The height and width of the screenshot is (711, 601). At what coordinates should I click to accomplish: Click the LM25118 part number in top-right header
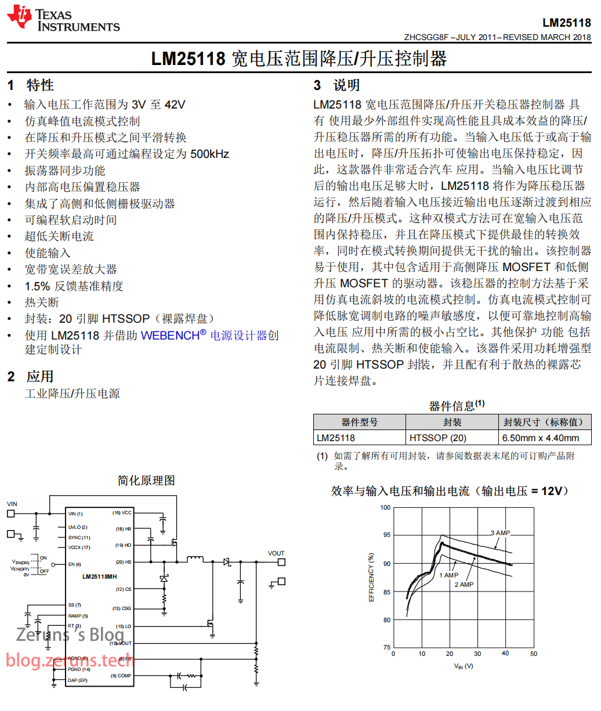click(566, 23)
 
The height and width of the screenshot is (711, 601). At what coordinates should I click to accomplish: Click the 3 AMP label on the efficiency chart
click(500, 533)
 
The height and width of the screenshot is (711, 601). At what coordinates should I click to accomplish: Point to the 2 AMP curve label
click(464, 584)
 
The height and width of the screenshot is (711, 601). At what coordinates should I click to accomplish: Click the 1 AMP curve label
click(448, 575)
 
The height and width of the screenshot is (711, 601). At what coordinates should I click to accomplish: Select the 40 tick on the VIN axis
click(505, 654)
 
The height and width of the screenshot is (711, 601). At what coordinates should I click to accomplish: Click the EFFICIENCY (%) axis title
click(372, 578)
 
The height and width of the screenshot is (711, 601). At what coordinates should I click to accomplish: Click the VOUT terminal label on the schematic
click(276, 553)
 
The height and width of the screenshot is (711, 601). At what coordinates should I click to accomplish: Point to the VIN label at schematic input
click(12, 504)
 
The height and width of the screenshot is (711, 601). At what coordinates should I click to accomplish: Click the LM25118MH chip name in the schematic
click(99, 576)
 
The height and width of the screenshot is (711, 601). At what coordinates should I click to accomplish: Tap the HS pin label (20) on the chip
click(124, 562)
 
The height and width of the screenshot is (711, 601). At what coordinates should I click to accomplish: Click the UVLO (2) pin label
click(78, 527)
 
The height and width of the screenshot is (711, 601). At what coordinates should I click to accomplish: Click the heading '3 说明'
click(336, 85)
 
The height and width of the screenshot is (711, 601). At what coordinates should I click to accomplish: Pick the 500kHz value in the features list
click(209, 154)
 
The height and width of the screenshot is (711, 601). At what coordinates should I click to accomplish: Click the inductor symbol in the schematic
click(195, 560)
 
